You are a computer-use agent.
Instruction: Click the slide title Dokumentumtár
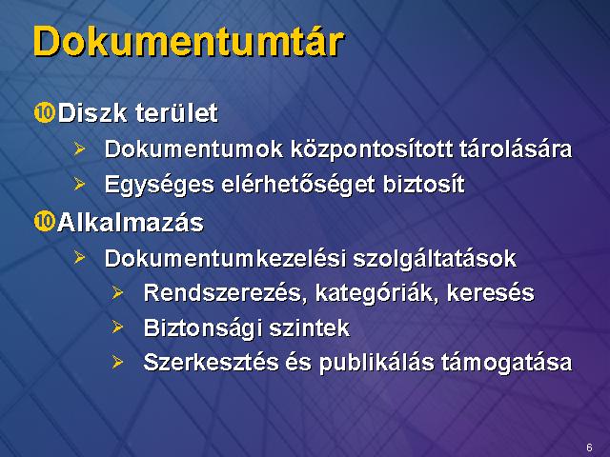click(189, 42)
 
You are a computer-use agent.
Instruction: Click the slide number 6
click(589, 447)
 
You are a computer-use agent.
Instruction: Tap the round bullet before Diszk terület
click(45, 113)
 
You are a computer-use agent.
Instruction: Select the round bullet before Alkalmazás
click(45, 222)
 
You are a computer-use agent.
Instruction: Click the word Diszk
click(92, 113)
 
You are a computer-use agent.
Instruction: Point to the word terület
click(176, 113)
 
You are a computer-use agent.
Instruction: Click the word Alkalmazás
click(131, 223)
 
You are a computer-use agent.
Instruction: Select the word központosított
click(372, 149)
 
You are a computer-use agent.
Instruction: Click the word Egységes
click(159, 184)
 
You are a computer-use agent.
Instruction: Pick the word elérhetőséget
click(298, 184)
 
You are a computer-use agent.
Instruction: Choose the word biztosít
click(424, 184)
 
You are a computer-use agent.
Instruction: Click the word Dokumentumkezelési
click(225, 258)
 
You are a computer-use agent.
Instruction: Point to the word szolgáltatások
click(435, 259)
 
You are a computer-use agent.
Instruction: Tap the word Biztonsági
click(202, 328)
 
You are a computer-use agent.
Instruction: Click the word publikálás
click(376, 363)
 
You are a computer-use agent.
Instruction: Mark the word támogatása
click(506, 363)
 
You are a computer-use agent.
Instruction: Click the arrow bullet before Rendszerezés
click(117, 292)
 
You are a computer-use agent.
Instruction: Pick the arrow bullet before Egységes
click(79, 184)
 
